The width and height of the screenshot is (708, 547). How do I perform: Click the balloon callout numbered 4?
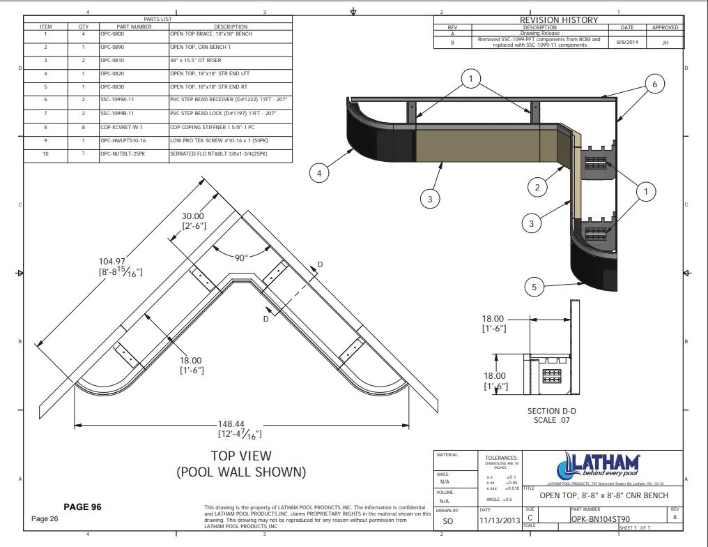318,172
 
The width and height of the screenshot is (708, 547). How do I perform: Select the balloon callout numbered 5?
534,286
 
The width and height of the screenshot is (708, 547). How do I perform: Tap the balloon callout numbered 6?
654,84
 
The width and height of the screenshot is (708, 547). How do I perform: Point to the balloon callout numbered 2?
537,187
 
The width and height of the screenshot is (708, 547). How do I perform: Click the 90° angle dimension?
241,257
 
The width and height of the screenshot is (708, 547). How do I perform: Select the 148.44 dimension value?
239,424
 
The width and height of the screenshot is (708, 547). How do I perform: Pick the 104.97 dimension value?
111,261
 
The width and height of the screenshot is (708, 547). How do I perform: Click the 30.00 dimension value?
193,216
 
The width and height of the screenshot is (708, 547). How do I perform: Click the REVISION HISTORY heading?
558,20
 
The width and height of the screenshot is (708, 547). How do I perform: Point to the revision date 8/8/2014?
627,42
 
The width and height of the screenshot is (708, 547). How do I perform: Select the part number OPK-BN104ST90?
600,519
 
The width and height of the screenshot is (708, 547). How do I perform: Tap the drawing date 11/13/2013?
500,519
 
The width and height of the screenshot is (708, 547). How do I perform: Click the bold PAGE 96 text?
82,507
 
